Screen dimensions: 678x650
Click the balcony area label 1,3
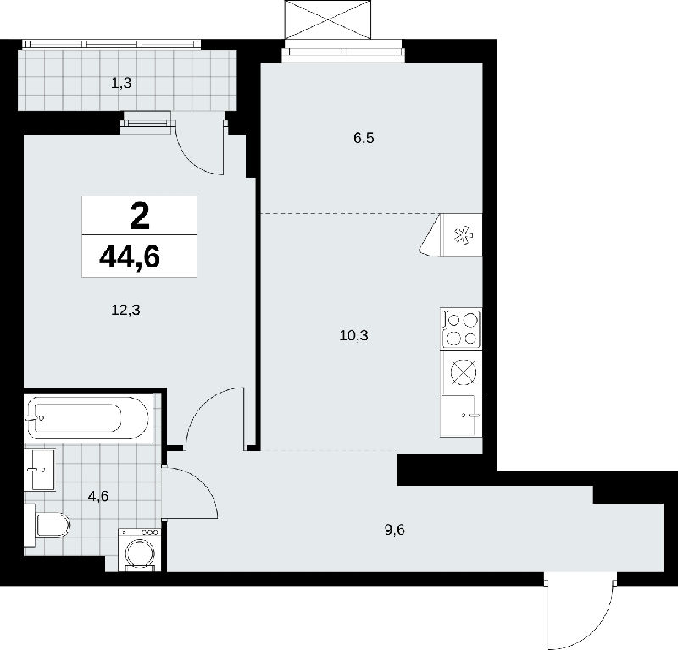pos(121,83)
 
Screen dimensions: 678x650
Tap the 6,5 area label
pos(364,138)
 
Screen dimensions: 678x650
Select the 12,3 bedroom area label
pos(125,310)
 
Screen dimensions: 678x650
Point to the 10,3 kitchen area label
pos(353,335)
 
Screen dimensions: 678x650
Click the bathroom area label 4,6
pos(97,497)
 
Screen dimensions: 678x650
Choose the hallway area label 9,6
pos(394,530)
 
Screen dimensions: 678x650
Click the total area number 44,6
pos(130,256)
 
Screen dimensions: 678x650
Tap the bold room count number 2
pos(140,216)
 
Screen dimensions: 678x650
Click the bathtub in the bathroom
pos(88,418)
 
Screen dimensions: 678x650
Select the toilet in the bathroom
pos(47,526)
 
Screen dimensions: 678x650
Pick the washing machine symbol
pos(140,549)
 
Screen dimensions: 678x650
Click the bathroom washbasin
pos(39,470)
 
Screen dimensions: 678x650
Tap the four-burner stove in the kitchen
pos(461,328)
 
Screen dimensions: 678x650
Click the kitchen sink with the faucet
pos(461,415)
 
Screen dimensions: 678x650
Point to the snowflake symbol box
pos(461,235)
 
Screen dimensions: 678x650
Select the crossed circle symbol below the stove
pos(463,372)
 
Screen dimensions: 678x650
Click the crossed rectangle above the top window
pos(328,19)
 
